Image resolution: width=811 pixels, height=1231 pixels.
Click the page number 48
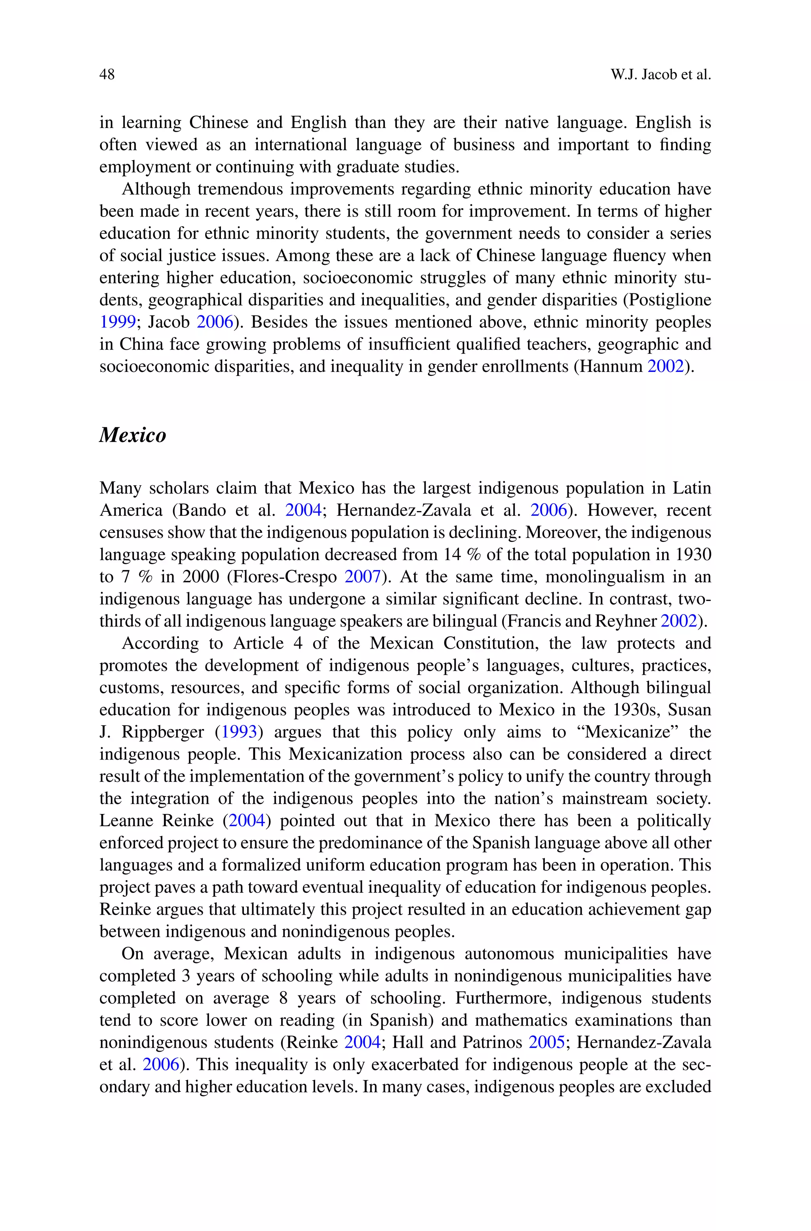107,75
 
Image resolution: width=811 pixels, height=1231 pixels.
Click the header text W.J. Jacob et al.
661,75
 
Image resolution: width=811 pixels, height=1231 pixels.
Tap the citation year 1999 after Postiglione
117,322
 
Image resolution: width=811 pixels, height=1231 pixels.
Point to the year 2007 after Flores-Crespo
363,577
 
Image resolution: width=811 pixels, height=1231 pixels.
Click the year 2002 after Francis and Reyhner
679,621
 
